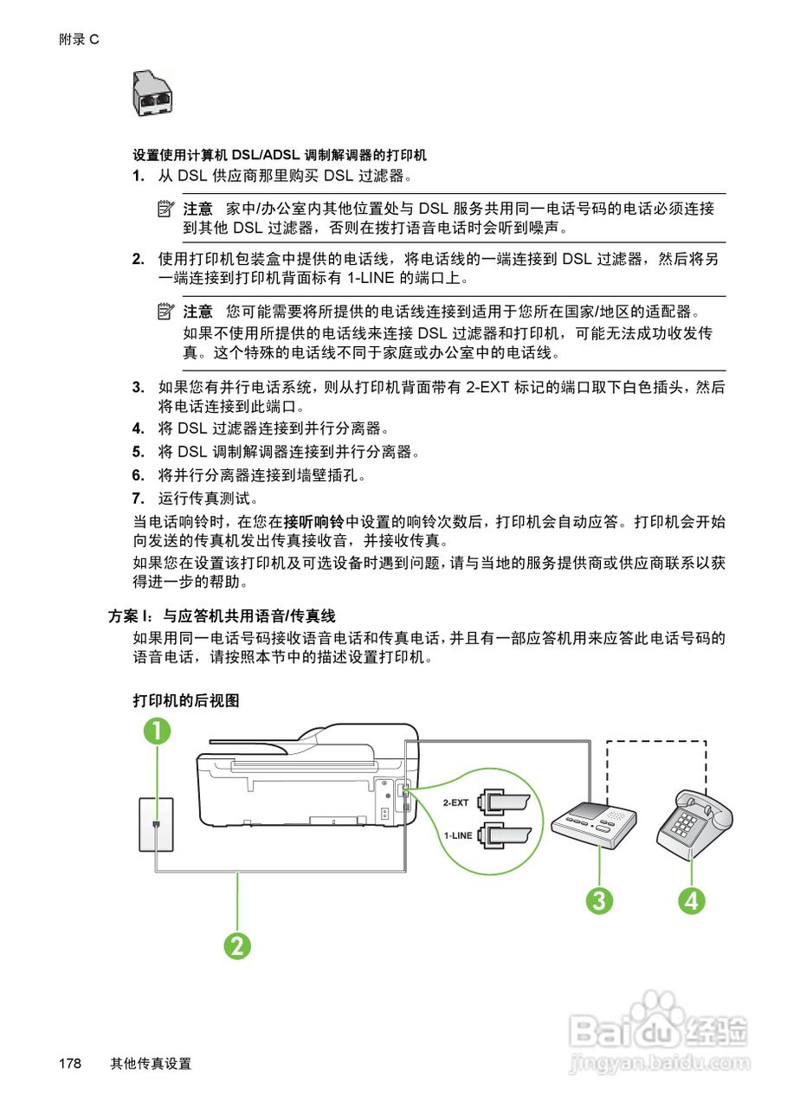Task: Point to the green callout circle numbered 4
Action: point(691,900)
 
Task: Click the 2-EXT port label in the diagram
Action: point(455,802)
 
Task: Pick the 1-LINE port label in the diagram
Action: point(457,835)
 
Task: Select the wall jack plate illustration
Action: point(156,824)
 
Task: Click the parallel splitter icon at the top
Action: point(152,93)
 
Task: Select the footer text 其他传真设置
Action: point(151,1064)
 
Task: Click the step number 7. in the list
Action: point(138,499)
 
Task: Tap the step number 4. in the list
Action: point(138,428)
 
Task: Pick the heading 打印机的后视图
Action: point(185,700)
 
